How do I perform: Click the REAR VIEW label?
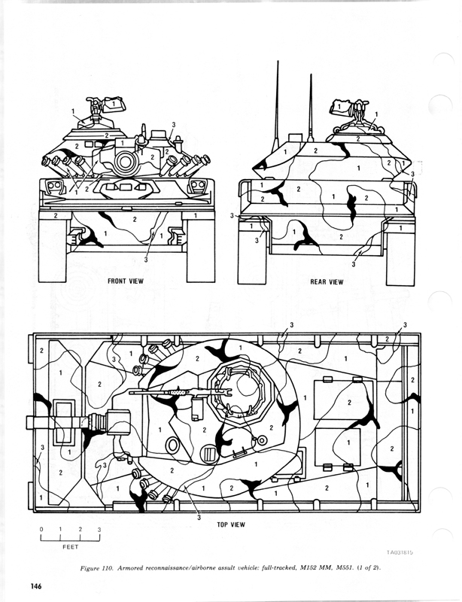[327, 282]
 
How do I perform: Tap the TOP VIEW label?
[224, 525]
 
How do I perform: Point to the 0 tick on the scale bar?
[42, 530]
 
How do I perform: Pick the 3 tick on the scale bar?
[99, 530]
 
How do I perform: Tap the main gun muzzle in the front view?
[124, 161]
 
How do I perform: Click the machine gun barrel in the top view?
[162, 392]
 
